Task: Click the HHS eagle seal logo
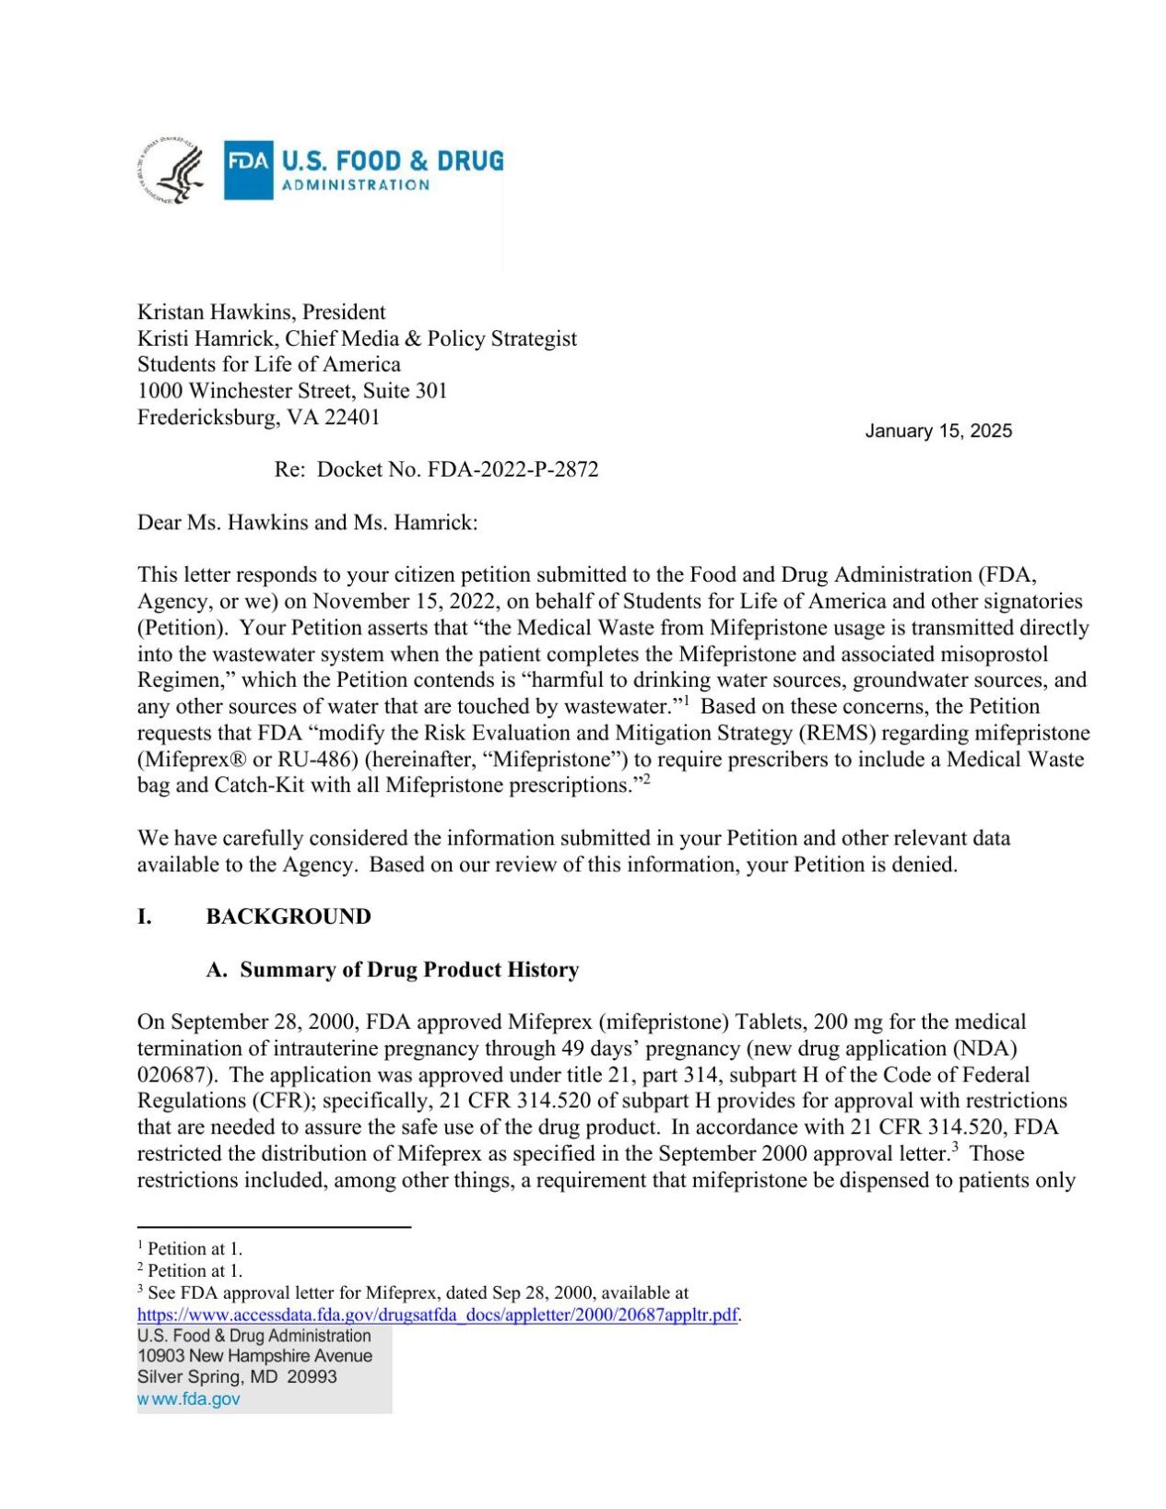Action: tap(172, 171)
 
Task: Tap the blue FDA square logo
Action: tap(249, 170)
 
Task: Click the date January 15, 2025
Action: tap(937, 431)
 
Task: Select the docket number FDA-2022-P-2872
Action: tap(512, 470)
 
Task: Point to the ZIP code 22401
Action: tap(352, 418)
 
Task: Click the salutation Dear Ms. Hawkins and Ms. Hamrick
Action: tap(307, 523)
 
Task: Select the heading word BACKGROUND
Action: tap(289, 916)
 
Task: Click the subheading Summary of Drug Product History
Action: tap(409, 970)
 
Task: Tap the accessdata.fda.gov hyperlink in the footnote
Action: tap(437, 1315)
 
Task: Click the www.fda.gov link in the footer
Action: tap(189, 1399)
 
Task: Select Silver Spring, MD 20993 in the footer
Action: tap(237, 1377)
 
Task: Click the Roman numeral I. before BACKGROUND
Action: tap(145, 916)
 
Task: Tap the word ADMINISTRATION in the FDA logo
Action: tap(356, 185)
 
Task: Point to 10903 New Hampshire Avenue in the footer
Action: tap(254, 1356)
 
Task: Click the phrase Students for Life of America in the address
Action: tap(269, 365)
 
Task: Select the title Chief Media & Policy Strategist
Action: tap(430, 339)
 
